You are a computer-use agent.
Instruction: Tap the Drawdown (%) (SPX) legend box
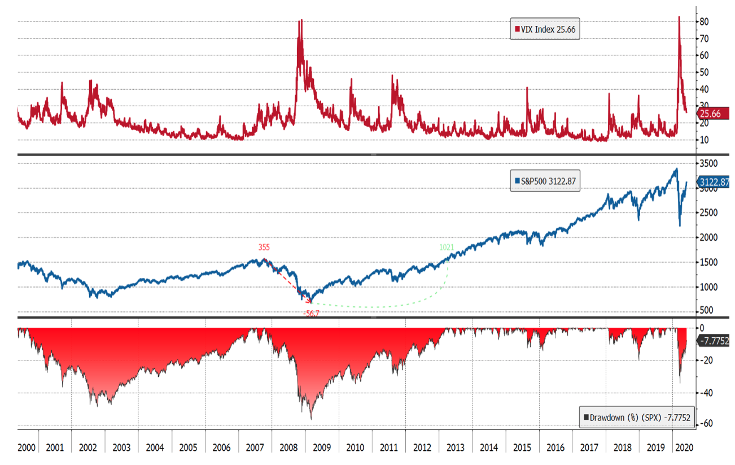(x=637, y=418)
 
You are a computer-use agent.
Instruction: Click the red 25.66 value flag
(x=710, y=114)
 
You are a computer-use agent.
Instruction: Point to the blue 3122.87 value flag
(x=714, y=182)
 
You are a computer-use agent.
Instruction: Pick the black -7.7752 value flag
(x=714, y=341)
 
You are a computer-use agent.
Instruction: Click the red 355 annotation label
(x=264, y=247)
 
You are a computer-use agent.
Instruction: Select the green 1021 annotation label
(x=447, y=247)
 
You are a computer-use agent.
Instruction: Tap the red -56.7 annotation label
(x=312, y=313)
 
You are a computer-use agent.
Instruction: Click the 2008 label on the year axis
(x=288, y=448)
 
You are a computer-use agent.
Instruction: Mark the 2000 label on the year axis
(x=27, y=448)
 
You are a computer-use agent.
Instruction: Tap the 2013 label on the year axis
(x=455, y=448)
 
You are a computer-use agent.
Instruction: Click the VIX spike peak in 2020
(x=679, y=17)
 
